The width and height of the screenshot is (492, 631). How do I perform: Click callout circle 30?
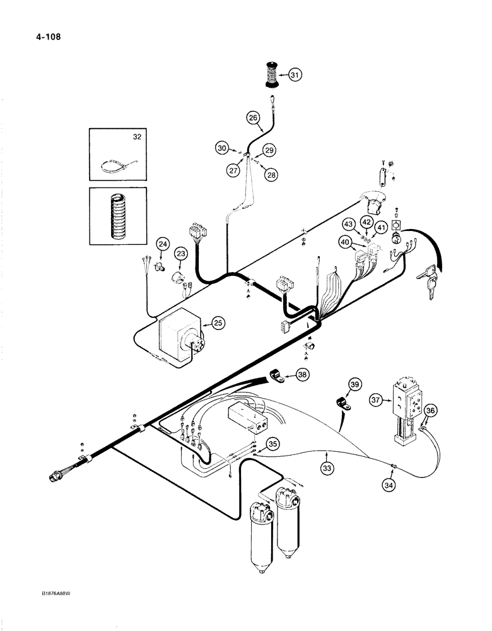(221, 148)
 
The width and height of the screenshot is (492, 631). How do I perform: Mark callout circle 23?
(182, 254)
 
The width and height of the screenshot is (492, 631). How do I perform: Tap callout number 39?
(356, 386)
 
